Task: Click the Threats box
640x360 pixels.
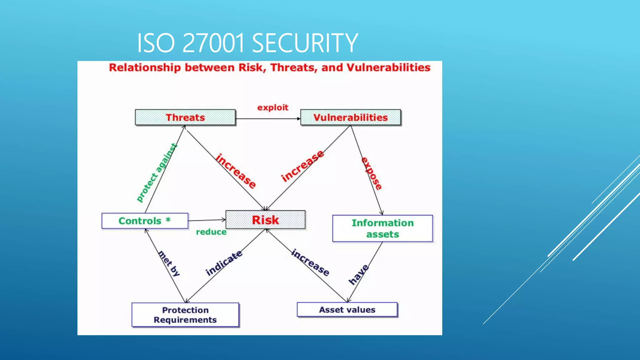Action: tap(185, 117)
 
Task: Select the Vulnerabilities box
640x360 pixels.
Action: tap(350, 117)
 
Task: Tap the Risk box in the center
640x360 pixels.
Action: tap(265, 220)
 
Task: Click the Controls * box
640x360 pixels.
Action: tap(145, 221)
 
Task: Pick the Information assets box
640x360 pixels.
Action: tap(382, 228)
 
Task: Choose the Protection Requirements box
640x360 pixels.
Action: tap(185, 315)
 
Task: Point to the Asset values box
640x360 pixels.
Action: tap(347, 310)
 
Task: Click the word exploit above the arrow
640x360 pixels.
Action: tap(272, 107)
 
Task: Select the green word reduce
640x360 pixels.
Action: tap(211, 232)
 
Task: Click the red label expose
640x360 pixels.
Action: tap(372, 174)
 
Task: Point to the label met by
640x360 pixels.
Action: tap(169, 263)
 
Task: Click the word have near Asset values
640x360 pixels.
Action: tap(358, 275)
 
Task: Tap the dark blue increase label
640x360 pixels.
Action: tap(310, 262)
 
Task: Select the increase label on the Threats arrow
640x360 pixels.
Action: tap(236, 171)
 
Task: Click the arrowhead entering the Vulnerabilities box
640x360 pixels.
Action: tap(298, 119)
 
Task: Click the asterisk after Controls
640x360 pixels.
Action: tap(168, 220)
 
